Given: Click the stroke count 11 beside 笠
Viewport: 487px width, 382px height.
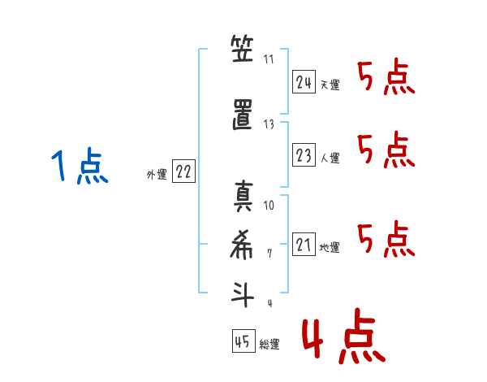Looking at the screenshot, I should tap(269, 60).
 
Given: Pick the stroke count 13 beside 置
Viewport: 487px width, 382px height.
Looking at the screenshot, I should tap(269, 124).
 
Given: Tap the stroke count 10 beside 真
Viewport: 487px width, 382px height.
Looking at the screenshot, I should tap(269, 205).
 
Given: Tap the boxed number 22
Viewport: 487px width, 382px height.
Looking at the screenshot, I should tap(183, 171).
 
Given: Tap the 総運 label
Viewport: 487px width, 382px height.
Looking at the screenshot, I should tap(269, 345).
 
